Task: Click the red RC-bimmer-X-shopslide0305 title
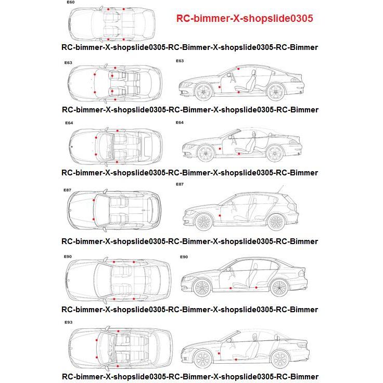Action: pos(244,19)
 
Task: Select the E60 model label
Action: pos(71,3)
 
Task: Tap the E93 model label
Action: pos(68,323)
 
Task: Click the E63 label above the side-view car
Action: pos(180,61)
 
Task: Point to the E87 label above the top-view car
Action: pos(68,190)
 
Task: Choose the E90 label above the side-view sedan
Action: pos(183,257)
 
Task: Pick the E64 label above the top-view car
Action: pos(69,123)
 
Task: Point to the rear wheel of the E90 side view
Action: pos(279,288)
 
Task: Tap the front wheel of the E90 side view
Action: pos(202,288)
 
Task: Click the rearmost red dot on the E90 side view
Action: pos(257,287)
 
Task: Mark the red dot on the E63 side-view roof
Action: pos(238,69)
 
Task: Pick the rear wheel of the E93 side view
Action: pos(280,359)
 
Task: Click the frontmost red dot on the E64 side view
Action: pos(220,149)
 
